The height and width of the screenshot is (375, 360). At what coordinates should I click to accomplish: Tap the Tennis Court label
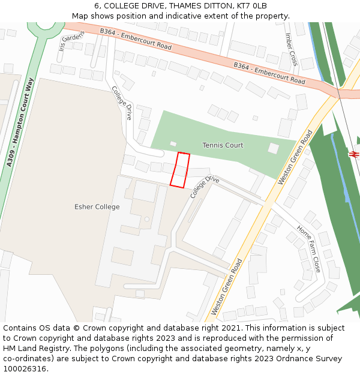coord(223,145)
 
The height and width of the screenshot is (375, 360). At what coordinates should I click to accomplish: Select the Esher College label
coord(97,207)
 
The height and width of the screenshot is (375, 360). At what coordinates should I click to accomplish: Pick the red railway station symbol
coord(354,154)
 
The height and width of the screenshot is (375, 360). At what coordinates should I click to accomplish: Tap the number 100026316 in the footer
coord(25,369)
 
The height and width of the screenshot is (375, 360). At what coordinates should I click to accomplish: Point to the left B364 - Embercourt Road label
coord(136,38)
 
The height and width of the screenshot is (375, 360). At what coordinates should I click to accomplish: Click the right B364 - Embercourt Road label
coord(269,73)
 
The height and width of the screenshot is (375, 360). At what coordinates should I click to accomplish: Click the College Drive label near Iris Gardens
coord(121,103)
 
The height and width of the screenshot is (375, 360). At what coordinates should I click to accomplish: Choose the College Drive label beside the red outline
coord(205,187)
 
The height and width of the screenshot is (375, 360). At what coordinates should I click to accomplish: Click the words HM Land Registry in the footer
coord(33,349)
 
